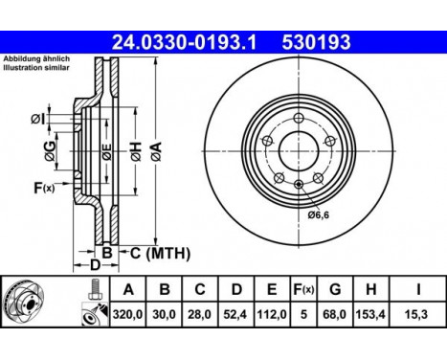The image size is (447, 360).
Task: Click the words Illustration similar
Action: click(34, 68)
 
